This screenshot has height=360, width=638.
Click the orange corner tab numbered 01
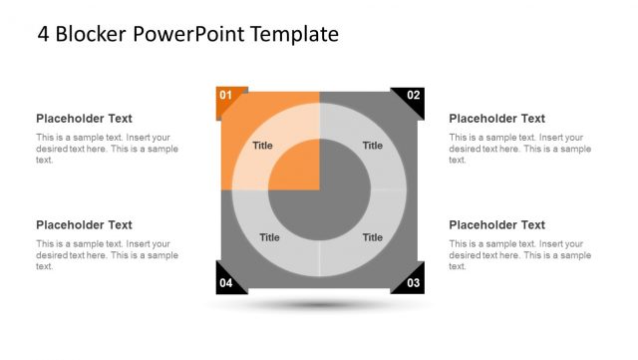(x=227, y=97)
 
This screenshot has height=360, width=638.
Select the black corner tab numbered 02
(x=412, y=97)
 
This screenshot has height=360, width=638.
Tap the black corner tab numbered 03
(x=412, y=282)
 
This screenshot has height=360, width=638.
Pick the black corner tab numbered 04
(x=227, y=282)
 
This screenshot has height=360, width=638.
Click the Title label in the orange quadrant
(x=262, y=146)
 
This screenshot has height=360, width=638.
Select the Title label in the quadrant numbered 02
(x=372, y=146)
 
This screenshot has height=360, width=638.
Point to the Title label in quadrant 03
(x=372, y=237)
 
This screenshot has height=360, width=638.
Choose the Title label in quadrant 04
(x=269, y=237)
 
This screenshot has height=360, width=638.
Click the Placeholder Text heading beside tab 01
(x=84, y=119)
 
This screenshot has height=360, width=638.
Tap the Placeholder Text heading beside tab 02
(x=496, y=119)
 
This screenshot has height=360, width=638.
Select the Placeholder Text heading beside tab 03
(x=496, y=225)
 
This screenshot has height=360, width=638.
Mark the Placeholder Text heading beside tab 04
(x=84, y=225)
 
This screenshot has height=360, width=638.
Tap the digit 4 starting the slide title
(x=44, y=35)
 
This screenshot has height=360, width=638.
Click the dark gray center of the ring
(x=319, y=190)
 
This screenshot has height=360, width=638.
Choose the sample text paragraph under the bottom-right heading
(x=519, y=255)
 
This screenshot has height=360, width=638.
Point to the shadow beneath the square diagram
(x=319, y=304)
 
